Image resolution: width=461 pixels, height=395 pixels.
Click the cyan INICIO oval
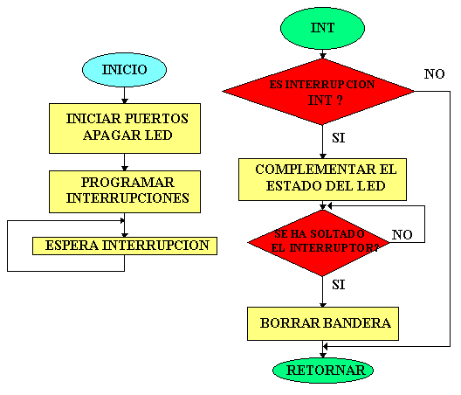click(x=124, y=70)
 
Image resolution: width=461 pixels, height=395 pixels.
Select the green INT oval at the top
click(x=322, y=28)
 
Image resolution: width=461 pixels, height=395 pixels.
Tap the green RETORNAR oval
click(x=323, y=371)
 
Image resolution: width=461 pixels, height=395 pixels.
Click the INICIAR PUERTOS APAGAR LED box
click(x=125, y=128)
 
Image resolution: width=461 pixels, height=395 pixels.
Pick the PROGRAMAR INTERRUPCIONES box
click(x=125, y=191)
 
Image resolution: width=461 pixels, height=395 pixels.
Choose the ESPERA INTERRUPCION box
click(x=125, y=246)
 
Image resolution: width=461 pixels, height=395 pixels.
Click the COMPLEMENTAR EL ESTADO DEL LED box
click(x=322, y=179)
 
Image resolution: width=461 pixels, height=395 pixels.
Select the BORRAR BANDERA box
click(x=323, y=323)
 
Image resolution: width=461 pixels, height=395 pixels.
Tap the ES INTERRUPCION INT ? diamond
click(x=319, y=92)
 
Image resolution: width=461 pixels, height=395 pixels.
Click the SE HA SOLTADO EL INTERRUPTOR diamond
click(x=319, y=243)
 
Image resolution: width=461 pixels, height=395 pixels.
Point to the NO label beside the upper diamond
click(x=434, y=74)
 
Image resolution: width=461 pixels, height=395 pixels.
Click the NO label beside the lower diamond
click(x=403, y=234)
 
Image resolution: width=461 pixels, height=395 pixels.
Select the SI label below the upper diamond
click(x=339, y=138)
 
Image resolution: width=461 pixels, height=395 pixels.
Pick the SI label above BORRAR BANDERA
click(x=339, y=285)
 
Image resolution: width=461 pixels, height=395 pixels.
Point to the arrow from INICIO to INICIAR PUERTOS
click(x=124, y=95)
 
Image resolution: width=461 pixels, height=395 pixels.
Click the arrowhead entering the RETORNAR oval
click(x=323, y=355)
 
